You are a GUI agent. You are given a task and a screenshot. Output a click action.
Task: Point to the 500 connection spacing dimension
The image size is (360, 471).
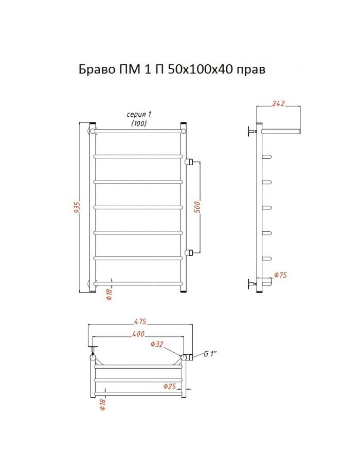pos(197,207)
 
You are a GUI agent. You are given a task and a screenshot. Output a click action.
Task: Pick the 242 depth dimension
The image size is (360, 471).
pos(278,103)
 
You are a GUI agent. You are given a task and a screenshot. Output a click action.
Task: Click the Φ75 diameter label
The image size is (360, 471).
pos(281,275)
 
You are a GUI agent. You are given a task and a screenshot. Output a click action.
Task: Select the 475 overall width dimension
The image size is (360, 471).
pos(140,321)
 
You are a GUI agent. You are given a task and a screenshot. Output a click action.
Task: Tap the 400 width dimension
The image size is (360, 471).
pos(138,334)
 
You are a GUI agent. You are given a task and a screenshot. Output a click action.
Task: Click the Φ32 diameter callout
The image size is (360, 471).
pos(157,344)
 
